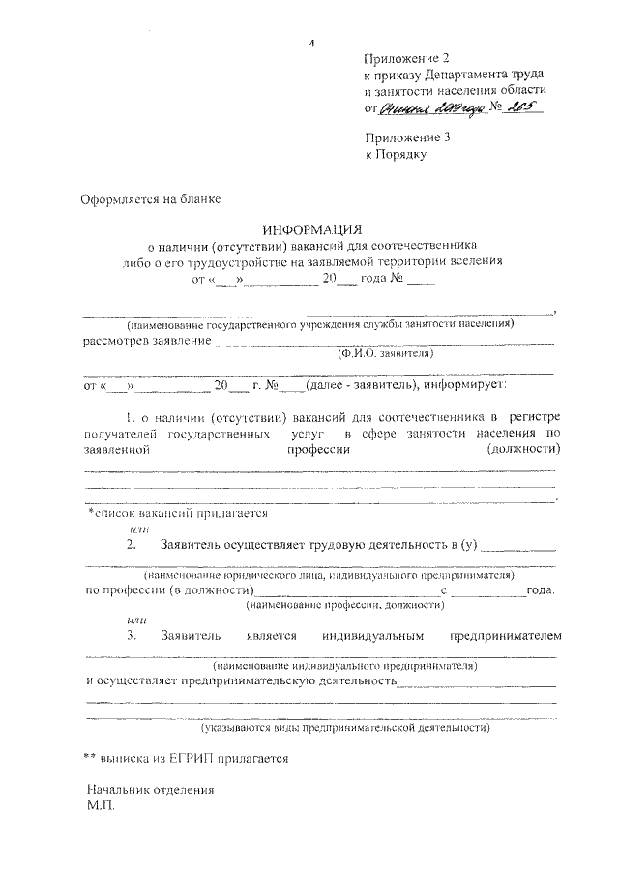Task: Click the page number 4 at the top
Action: tap(311, 43)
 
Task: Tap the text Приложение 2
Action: tap(406, 59)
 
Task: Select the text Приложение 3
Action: tap(406, 137)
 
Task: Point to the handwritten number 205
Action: tap(523, 108)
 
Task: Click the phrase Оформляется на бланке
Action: tap(150, 200)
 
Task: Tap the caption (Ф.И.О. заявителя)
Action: tap(385, 354)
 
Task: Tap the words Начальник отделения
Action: tap(149, 789)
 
